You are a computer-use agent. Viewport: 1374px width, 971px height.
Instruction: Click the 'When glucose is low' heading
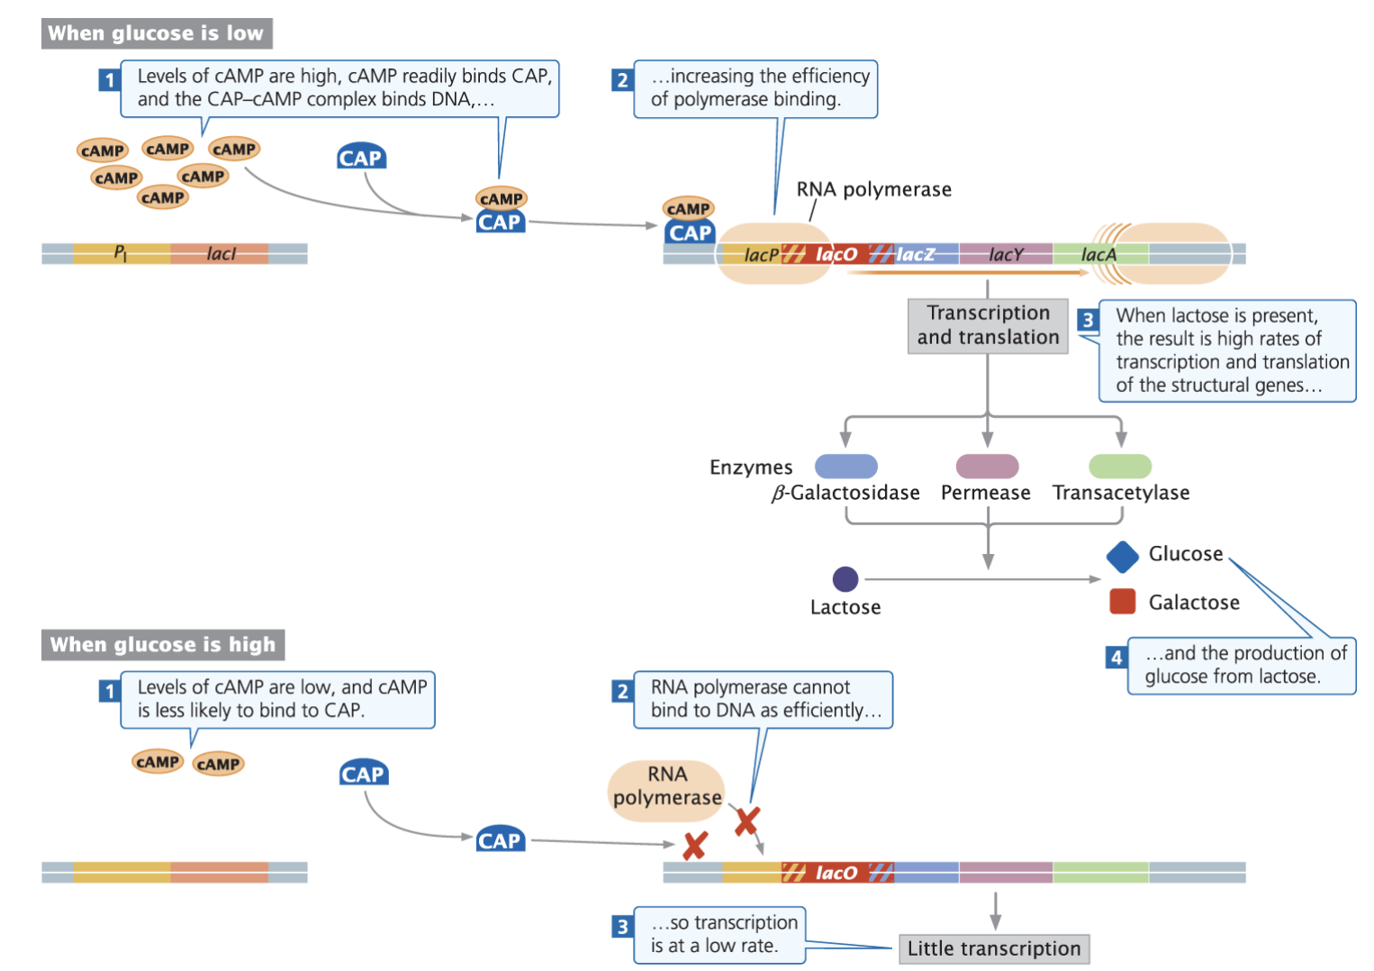click(156, 33)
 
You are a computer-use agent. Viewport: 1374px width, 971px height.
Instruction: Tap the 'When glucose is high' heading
click(162, 644)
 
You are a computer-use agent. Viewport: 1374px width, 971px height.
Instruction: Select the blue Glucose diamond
click(1122, 557)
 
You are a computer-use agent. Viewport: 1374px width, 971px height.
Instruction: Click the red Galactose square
click(1122, 602)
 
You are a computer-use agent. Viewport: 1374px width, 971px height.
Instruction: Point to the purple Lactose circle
click(845, 578)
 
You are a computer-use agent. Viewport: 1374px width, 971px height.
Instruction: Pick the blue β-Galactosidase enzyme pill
click(845, 466)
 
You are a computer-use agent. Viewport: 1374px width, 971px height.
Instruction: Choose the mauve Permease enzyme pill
click(987, 466)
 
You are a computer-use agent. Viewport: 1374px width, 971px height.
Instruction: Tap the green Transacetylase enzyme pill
click(1120, 466)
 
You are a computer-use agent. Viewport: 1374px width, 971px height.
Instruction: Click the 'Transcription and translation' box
click(988, 325)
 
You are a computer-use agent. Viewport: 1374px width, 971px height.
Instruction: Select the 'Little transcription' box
click(994, 948)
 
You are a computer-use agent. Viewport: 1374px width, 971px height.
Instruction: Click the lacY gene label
click(1006, 255)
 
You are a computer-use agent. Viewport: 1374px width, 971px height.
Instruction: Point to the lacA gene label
click(1098, 255)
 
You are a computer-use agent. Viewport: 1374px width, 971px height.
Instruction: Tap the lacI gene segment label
click(221, 254)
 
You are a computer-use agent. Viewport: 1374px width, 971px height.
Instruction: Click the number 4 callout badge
click(1116, 657)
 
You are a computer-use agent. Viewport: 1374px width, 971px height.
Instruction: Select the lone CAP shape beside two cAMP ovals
click(363, 774)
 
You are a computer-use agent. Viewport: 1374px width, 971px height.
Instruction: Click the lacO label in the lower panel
click(836, 873)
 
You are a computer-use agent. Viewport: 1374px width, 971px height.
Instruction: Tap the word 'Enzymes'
click(751, 467)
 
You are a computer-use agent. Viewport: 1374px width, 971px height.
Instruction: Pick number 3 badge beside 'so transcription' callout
click(622, 926)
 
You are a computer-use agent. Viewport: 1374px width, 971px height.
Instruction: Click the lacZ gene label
click(915, 255)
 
